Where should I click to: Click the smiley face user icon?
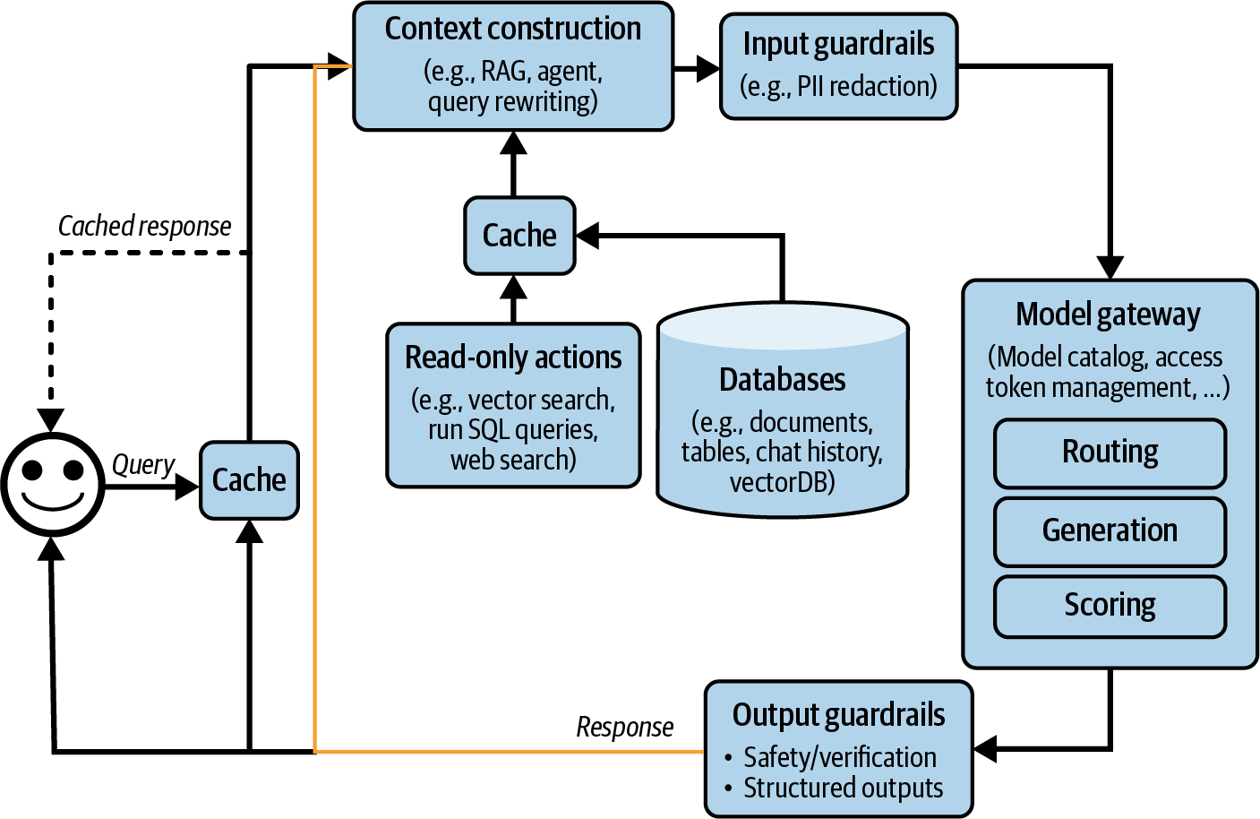[x=53, y=484]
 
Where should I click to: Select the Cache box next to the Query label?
[x=249, y=480]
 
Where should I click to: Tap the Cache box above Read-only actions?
[x=519, y=236]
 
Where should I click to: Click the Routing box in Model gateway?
[x=1110, y=453]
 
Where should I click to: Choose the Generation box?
[x=1110, y=530]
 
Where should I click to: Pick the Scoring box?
[x=1110, y=606]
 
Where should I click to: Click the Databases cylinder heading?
[x=782, y=380]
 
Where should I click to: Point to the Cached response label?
[x=144, y=227]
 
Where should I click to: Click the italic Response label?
[x=624, y=727]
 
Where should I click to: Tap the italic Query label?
[x=143, y=465]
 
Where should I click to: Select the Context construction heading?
[x=512, y=29]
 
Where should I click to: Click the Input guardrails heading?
[x=838, y=44]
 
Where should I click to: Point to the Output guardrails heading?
[x=838, y=715]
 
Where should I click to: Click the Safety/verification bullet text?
[x=839, y=758]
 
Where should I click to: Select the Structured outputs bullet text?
[x=843, y=789]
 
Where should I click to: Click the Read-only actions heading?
[x=513, y=358]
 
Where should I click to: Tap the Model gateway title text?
[x=1108, y=315]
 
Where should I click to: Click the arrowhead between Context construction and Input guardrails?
[x=708, y=67]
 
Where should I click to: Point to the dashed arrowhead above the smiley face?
[x=51, y=420]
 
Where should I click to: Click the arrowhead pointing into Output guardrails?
[x=985, y=748]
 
